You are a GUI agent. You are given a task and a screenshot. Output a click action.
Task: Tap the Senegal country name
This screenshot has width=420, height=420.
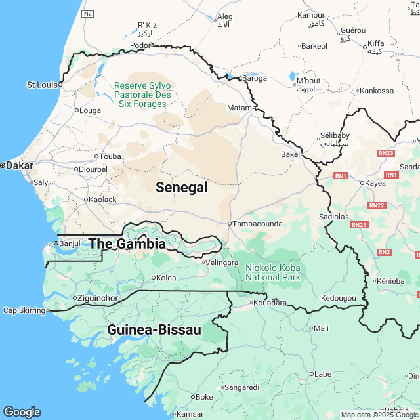(x=182, y=188)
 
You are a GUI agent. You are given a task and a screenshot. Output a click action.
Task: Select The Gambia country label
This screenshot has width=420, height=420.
(x=127, y=243)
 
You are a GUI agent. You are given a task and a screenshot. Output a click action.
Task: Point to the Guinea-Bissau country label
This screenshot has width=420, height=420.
(x=154, y=329)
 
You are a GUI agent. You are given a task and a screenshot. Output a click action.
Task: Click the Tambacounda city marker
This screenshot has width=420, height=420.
(x=229, y=224)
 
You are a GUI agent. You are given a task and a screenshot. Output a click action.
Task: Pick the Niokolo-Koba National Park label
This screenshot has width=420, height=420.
(x=273, y=272)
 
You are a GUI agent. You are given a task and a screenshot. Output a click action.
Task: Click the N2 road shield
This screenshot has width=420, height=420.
(x=89, y=13)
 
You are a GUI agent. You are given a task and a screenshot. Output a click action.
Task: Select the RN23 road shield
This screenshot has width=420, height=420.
(x=387, y=153)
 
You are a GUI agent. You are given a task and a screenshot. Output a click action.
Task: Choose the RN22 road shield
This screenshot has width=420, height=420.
(x=377, y=205)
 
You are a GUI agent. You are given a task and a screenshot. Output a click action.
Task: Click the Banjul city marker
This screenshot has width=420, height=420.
(x=56, y=243)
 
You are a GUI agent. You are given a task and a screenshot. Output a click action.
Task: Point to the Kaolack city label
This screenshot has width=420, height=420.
(x=103, y=199)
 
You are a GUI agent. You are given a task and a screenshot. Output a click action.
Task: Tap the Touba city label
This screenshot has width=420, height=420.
(x=111, y=156)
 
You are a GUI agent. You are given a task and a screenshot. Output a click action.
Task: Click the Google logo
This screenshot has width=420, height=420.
(x=22, y=411)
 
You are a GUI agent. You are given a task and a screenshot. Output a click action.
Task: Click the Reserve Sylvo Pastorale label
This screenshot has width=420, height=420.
(x=142, y=94)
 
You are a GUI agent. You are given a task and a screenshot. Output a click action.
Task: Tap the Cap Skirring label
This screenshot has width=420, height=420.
(x=24, y=310)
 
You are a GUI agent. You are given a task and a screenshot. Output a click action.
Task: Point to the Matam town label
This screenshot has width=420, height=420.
(x=239, y=107)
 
